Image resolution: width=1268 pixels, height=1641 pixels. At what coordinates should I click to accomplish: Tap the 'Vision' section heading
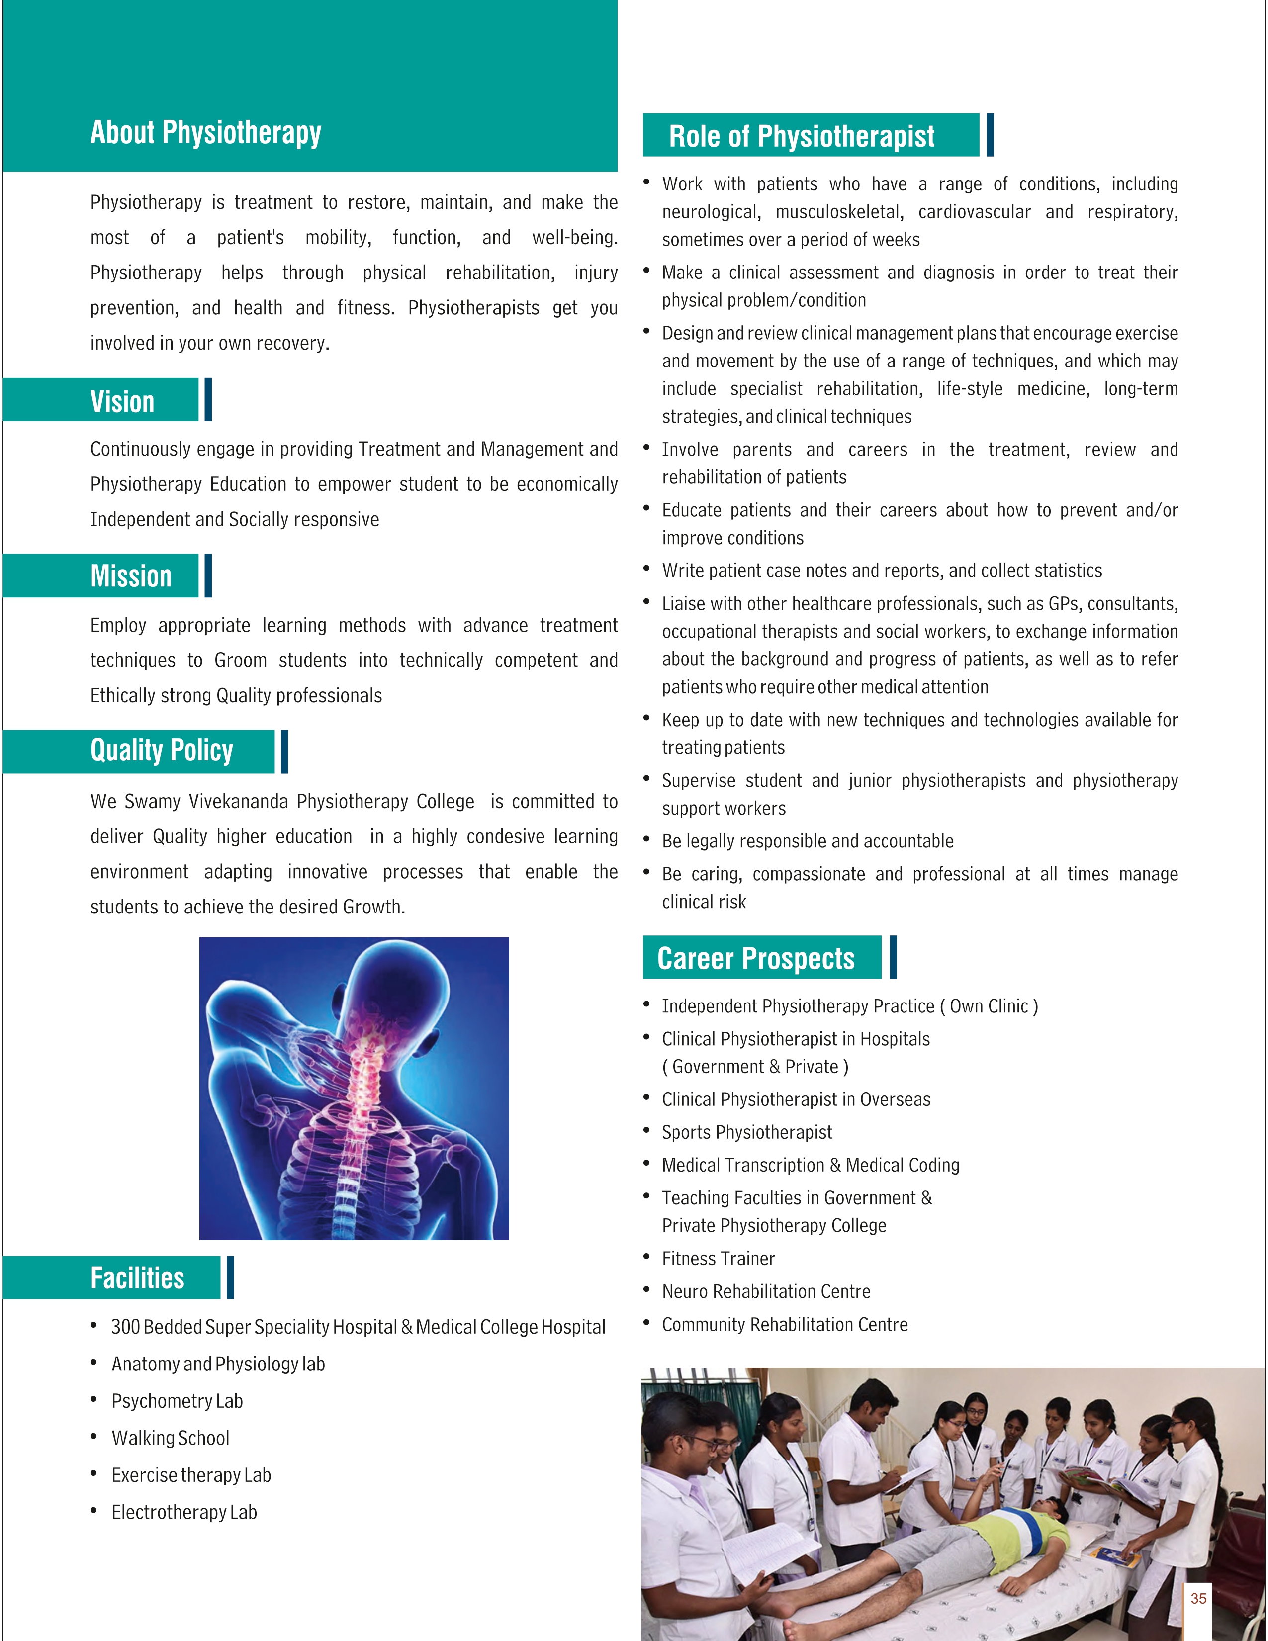click(x=122, y=401)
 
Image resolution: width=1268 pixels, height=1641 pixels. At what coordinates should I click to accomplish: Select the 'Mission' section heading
click(x=131, y=576)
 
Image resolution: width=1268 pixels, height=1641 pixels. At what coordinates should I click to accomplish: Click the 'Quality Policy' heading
click(x=162, y=750)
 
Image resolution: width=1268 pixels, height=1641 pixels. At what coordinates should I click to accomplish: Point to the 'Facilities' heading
click(x=137, y=1278)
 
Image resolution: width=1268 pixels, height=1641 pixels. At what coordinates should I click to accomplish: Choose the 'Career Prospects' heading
click(x=756, y=958)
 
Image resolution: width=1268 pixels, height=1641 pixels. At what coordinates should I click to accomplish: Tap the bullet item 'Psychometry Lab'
click(x=178, y=1401)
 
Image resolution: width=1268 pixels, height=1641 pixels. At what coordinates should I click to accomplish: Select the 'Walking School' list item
click(x=171, y=1438)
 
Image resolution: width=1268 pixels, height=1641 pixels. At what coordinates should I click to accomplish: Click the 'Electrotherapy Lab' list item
click(x=184, y=1513)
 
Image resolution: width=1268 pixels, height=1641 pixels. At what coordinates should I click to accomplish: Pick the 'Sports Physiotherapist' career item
click(x=747, y=1132)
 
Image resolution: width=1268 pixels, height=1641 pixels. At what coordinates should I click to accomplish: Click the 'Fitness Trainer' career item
click(x=718, y=1259)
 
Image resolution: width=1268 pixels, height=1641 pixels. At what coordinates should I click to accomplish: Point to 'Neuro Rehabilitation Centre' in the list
click(x=766, y=1291)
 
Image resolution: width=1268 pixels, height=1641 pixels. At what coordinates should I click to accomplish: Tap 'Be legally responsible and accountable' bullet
click(x=808, y=841)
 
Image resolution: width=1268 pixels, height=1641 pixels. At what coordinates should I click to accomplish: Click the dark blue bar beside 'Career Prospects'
click(x=893, y=957)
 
